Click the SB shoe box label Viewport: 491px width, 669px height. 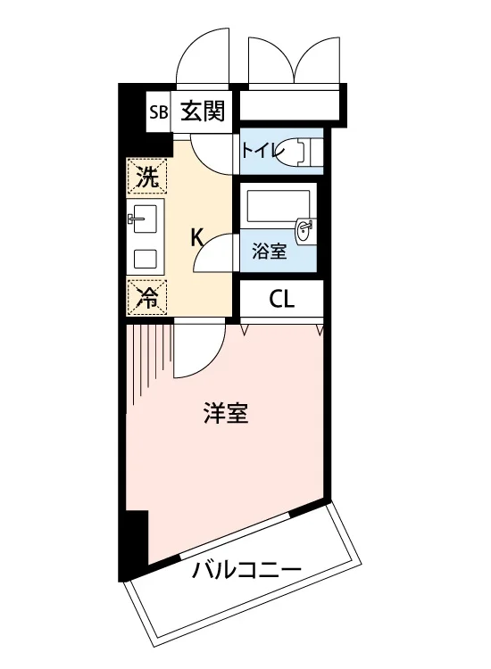tap(158, 112)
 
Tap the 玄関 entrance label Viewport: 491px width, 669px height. tap(203, 111)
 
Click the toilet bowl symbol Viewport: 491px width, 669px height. tap(295, 151)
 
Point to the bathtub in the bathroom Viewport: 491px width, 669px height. tap(279, 207)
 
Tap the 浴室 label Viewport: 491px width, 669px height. tap(269, 252)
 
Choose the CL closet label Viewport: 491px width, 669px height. tap(282, 299)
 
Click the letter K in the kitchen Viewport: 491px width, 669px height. tap(197, 236)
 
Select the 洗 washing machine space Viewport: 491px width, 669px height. tap(147, 176)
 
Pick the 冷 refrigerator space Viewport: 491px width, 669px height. tap(146, 297)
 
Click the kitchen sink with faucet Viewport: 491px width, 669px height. tap(146, 219)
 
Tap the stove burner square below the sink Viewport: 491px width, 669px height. tap(145, 259)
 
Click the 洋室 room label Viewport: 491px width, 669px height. tap(226, 413)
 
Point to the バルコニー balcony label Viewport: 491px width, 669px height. tap(246, 571)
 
